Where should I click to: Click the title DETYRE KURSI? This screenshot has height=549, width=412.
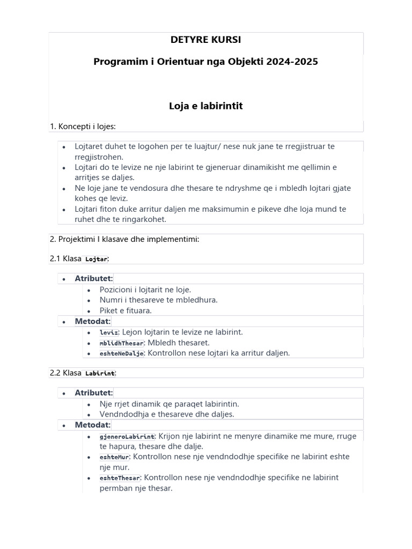[205, 40]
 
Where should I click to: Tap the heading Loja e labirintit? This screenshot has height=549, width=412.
[205, 106]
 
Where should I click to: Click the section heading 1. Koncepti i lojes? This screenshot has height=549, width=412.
[83, 127]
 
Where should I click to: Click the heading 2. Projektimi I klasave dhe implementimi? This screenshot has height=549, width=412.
[124, 239]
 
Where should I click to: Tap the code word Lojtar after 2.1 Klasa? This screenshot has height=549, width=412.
[96, 259]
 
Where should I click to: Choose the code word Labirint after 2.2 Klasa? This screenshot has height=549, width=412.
[100, 373]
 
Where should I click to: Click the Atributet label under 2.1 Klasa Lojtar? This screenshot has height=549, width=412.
[94, 278]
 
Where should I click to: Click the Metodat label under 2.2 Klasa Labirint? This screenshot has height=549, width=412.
[92, 425]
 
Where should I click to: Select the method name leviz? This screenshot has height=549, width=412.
[109, 332]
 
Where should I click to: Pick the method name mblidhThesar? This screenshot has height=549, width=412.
[122, 343]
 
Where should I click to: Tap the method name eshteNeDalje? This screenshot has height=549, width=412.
[122, 353]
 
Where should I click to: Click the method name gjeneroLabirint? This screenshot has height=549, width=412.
[127, 437]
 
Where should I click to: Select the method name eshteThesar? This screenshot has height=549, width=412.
[120, 478]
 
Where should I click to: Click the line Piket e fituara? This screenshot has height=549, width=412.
[126, 310]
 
